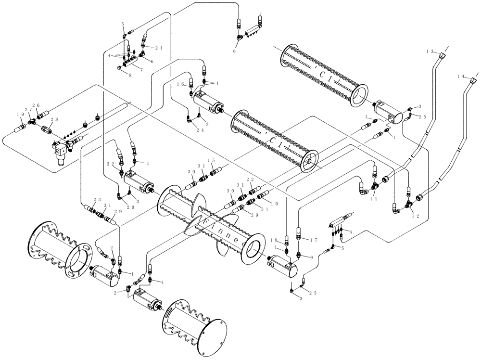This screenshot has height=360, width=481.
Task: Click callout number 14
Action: click(461, 77)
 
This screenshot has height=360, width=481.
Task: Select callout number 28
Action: click(41, 119)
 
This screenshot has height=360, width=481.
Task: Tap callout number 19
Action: click(21, 115)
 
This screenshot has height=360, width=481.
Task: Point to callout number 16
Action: click(181, 84)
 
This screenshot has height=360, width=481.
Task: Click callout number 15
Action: click(211, 160)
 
